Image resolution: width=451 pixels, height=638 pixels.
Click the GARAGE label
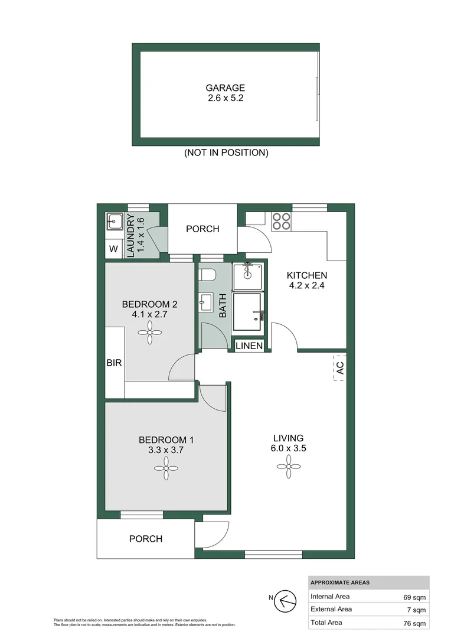[x=225, y=88]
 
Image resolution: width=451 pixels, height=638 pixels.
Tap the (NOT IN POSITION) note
[x=226, y=152]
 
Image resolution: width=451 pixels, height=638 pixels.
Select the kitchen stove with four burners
[x=282, y=221]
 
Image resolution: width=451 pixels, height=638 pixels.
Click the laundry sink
[x=115, y=222]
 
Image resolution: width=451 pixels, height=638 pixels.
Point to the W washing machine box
[x=113, y=249]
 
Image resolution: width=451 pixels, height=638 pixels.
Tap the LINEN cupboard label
[x=249, y=346]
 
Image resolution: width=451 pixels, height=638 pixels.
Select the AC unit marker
[x=339, y=367]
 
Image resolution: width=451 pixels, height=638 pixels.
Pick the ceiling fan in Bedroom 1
[x=166, y=469]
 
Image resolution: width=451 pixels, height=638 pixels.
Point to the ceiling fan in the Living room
[x=288, y=469]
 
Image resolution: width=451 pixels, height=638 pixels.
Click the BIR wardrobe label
[x=114, y=363]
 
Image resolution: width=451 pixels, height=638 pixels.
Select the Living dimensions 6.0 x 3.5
[x=288, y=448]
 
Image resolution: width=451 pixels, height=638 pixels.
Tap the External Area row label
[x=331, y=609]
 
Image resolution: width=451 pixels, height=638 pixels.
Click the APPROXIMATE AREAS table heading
[x=339, y=582]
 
